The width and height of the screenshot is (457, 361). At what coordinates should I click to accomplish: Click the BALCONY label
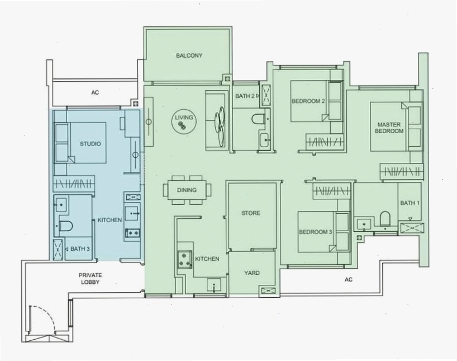[x=189, y=55]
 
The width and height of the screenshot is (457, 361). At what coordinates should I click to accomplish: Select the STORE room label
[x=251, y=213]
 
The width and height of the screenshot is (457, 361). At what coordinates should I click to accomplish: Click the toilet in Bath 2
[x=258, y=119]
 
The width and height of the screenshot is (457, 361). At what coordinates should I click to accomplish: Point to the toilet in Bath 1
[x=385, y=218]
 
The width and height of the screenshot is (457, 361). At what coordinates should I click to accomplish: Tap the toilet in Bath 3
[x=66, y=226]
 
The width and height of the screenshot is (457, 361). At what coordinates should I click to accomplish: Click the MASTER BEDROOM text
[x=389, y=128]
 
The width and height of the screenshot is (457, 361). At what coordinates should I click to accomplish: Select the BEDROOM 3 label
[x=315, y=232]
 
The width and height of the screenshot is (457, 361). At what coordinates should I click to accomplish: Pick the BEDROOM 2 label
[x=308, y=101]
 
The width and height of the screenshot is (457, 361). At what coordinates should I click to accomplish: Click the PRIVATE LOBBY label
[x=91, y=279]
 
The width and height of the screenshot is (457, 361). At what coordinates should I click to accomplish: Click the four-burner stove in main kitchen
[x=184, y=259]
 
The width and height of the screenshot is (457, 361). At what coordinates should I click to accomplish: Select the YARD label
[x=252, y=273]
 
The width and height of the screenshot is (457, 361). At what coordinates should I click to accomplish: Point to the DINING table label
[x=187, y=190]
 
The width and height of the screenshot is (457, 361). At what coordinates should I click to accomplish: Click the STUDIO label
[x=91, y=144]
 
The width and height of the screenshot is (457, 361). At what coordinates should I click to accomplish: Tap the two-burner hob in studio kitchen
[x=133, y=233]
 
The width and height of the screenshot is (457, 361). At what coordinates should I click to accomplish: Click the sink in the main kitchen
[x=214, y=285]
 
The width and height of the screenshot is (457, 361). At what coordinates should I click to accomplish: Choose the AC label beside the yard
[x=348, y=279]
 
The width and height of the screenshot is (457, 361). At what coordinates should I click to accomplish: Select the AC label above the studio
[x=95, y=92]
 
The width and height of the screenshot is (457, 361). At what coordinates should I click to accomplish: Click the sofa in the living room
[x=216, y=121]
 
